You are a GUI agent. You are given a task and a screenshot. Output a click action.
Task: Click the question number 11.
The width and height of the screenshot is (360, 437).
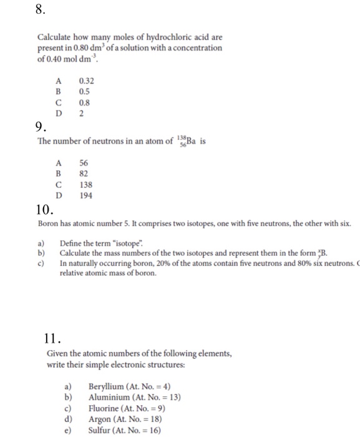tap(54, 339)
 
